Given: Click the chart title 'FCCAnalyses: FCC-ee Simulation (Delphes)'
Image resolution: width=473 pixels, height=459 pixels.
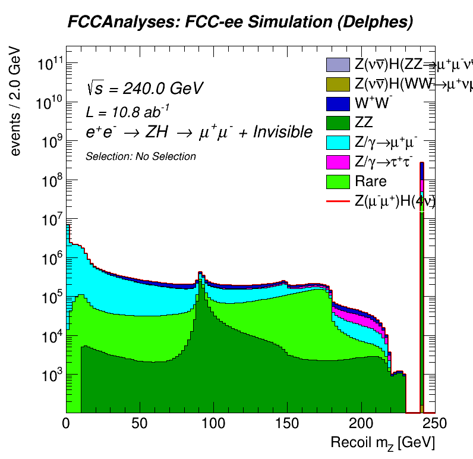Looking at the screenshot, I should pyautogui.click(x=239, y=23).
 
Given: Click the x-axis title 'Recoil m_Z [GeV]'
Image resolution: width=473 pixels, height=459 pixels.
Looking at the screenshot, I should pyautogui.click(x=383, y=442).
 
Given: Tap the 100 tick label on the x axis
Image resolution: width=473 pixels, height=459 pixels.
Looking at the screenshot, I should pyautogui.click(x=213, y=423).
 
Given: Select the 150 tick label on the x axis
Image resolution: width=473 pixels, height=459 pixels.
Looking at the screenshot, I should pyautogui.click(x=286, y=423).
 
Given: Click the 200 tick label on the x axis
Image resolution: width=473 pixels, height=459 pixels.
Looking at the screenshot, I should pyautogui.click(x=360, y=423).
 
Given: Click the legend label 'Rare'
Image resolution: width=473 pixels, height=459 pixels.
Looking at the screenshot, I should pyautogui.click(x=370, y=181).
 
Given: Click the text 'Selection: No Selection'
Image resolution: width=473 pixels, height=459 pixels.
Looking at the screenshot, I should pyautogui.click(x=141, y=156).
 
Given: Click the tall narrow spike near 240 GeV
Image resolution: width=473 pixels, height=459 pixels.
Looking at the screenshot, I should pyautogui.click(x=421, y=285).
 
